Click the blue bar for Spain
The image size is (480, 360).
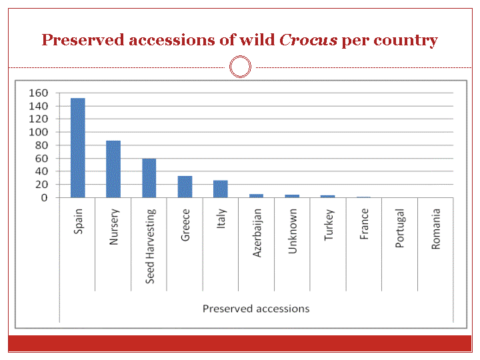coord(78,148)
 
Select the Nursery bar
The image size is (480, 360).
coord(113,169)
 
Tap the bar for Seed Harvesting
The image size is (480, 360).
coord(149,178)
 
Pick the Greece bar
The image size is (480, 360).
coord(185,187)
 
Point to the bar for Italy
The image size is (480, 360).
coord(221,189)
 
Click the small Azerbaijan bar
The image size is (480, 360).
coord(256,196)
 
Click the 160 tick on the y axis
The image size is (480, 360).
coord(38,93)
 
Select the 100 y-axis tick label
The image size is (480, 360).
coord(38,132)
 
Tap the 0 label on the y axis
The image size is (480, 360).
coord(45,198)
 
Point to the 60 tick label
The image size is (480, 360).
coord(41,158)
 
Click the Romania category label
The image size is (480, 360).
coord(435,229)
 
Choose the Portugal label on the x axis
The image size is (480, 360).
coord(400,228)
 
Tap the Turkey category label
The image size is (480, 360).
coord(329,225)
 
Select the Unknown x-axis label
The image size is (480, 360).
coord(293,231)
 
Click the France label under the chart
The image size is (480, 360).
coord(364,224)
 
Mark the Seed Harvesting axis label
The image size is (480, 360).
coord(150,246)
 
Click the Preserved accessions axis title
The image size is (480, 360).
coord(256,309)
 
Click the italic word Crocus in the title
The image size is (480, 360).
coord(308,40)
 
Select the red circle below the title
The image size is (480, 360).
coord(240,56)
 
